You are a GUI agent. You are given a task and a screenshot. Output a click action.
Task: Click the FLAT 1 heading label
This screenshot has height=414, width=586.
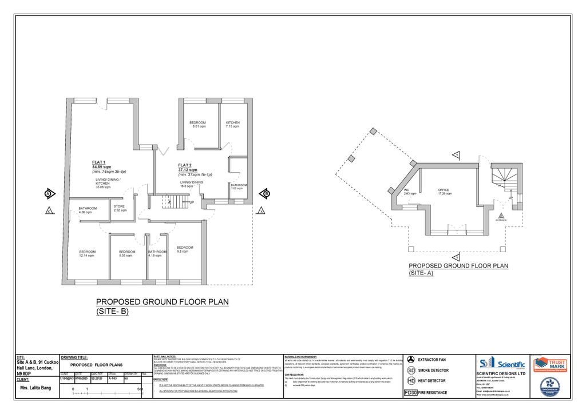pyautogui.click(x=99, y=162)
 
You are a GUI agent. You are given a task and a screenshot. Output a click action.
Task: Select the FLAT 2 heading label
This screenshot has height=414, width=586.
pyautogui.click(x=185, y=165)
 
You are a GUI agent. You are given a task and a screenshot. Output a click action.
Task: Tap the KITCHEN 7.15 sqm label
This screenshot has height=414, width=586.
pyautogui.click(x=233, y=125)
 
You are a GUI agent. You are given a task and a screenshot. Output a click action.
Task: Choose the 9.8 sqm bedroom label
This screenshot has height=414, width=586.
pyautogui.click(x=184, y=249)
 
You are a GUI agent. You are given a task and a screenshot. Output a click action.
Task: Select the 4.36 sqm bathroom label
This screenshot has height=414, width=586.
pyautogui.click(x=88, y=210)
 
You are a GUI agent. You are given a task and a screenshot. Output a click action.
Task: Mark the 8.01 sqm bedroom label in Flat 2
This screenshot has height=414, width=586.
pyautogui.click(x=197, y=125)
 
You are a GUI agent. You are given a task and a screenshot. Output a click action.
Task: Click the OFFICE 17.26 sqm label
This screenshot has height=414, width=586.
pyautogui.click(x=445, y=192)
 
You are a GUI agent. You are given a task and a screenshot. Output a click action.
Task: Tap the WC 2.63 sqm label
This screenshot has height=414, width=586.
pyautogui.click(x=410, y=192)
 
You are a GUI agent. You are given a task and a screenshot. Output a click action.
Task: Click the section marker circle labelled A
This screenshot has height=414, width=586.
pyautogui.click(x=49, y=193)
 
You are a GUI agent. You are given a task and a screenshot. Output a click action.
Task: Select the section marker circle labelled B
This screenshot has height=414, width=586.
pyautogui.click(x=266, y=193)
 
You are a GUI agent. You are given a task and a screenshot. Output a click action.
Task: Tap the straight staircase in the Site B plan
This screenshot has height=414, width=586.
pyautogui.click(x=172, y=201)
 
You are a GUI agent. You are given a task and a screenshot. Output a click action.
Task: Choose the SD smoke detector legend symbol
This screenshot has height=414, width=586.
pyautogui.click(x=410, y=370)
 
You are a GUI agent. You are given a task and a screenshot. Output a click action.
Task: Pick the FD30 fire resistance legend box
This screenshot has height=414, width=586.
pyautogui.click(x=410, y=393)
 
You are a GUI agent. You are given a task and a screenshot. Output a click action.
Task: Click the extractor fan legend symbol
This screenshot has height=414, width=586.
pyautogui.click(x=410, y=359)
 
